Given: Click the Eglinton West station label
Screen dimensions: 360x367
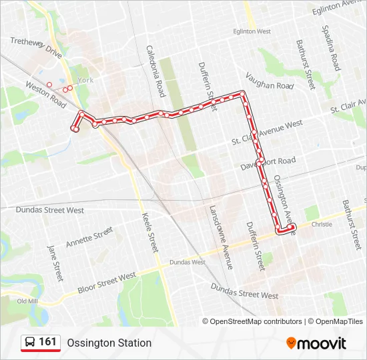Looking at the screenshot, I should coord(252,31).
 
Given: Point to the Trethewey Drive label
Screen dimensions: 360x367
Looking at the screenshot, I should coord(36,49).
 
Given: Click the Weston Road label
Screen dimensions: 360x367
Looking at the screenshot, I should coord(45,95).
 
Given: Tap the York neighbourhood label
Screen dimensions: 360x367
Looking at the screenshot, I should coord(85,80).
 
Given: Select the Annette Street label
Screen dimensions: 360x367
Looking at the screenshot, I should coord(89,237).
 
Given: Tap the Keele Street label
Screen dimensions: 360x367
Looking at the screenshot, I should coord(150,232).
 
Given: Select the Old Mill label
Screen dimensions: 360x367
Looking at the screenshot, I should coord(27,301).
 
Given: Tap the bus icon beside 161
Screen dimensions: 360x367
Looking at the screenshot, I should coord(30,343).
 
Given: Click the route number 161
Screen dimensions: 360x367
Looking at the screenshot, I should coord(48,342).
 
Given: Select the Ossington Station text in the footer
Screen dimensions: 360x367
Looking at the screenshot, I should coord(109,343).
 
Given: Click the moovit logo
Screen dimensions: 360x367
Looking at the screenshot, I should coord(316,343).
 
